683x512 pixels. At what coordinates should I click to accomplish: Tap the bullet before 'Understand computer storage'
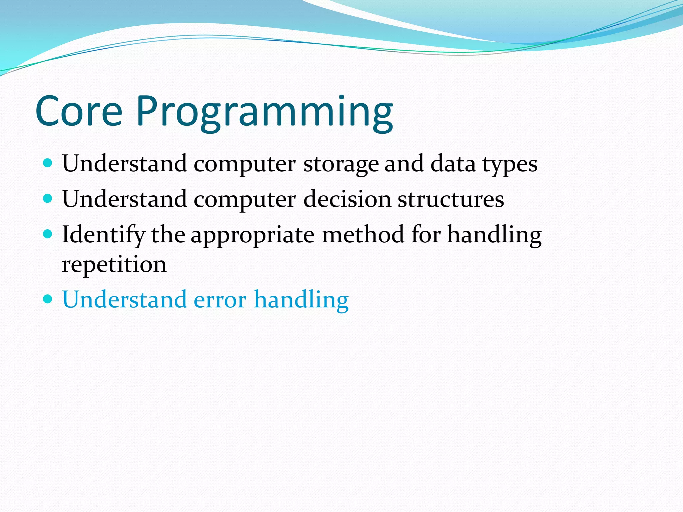click(x=48, y=163)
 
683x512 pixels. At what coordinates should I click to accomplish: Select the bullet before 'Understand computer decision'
click(x=48, y=199)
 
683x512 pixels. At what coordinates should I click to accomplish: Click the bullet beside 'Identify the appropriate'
click(x=48, y=234)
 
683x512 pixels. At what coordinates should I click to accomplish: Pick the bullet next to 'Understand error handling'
click(x=48, y=299)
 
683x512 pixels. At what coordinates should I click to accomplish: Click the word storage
click(x=340, y=165)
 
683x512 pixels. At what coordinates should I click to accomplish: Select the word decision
click(x=347, y=199)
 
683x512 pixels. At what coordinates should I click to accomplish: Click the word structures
click(x=451, y=200)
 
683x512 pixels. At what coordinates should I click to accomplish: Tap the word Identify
click(x=103, y=235)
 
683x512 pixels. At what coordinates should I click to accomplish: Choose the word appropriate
click(x=252, y=236)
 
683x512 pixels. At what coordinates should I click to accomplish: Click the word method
click(x=363, y=234)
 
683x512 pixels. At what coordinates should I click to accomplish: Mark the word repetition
click(x=114, y=265)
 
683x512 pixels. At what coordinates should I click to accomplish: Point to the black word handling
click(x=494, y=235)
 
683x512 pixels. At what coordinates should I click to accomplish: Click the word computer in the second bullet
click(x=244, y=200)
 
